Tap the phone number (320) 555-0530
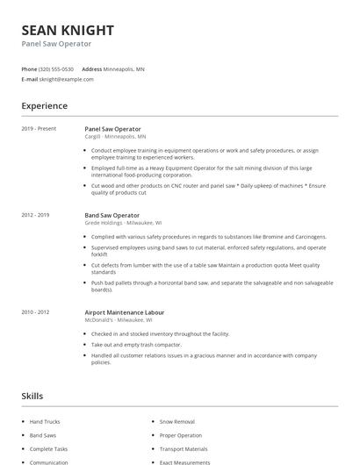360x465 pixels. coord(57,68)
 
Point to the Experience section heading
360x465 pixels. coord(44,106)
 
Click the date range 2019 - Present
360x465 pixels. coord(39,129)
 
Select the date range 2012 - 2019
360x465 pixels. coord(35,215)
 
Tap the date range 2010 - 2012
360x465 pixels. coord(35,312)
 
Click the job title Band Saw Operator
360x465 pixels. coord(112,215)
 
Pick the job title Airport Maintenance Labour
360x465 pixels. coord(124,312)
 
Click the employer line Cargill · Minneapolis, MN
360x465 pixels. coord(115,137)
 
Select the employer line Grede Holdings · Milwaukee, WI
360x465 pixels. coord(122,223)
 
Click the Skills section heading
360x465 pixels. coord(32,397)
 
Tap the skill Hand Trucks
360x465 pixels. coord(45,422)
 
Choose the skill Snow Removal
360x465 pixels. coord(176,422)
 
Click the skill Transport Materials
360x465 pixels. coord(183,448)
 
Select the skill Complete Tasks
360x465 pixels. coord(48,448)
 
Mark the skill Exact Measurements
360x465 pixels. coord(184,461)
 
